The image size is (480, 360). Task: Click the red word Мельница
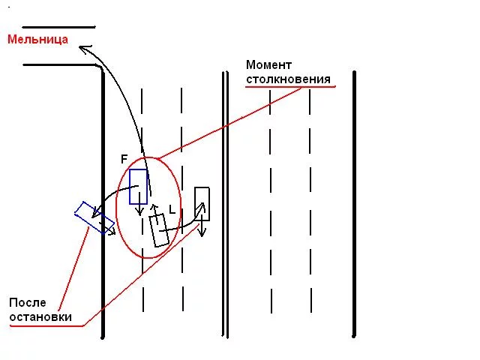(37, 40)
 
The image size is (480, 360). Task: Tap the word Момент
(268, 65)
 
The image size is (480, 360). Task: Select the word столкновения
(288, 79)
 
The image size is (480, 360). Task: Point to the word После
(28, 302)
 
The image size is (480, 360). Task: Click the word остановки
(40, 316)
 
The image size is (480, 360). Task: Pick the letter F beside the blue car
(124, 159)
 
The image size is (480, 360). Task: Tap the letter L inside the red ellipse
(172, 210)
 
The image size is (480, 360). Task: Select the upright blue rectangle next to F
(138, 187)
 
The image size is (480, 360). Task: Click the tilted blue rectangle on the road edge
(94, 217)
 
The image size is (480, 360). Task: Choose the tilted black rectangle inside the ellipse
(159, 230)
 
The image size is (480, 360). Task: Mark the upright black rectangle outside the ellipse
(202, 203)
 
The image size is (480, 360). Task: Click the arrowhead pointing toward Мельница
(85, 49)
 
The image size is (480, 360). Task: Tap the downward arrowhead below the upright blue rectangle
(140, 211)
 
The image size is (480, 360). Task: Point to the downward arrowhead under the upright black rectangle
(202, 232)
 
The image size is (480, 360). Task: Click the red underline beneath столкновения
(290, 87)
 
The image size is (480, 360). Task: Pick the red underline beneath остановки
(46, 326)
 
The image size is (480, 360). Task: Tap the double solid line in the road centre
(225, 205)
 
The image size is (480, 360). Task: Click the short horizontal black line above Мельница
(58, 27)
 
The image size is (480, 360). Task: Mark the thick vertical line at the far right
(354, 204)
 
